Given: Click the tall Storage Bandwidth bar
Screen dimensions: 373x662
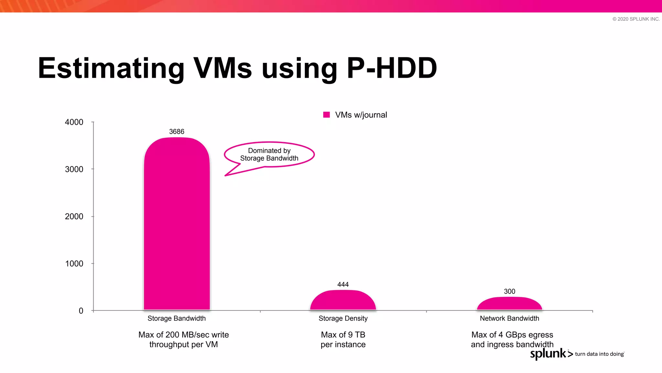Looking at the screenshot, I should pyautogui.click(x=177, y=223).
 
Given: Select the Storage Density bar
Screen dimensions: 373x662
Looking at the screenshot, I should pyautogui.click(x=343, y=301).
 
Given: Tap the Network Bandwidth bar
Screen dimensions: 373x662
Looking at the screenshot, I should pyautogui.click(x=509, y=304).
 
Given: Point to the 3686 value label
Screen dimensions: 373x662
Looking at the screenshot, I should pyautogui.click(x=176, y=131).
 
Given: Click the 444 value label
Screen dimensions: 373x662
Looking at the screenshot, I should pyautogui.click(x=343, y=284).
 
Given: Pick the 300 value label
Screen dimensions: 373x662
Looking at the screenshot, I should pyautogui.click(x=509, y=291).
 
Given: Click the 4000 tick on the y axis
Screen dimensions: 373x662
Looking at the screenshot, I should pyautogui.click(x=74, y=122).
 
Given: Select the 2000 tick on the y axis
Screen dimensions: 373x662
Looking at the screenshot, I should pyautogui.click(x=74, y=216).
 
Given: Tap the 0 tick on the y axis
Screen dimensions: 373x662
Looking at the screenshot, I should pyautogui.click(x=81, y=311).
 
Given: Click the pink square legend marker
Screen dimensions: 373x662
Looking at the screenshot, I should pyautogui.click(x=326, y=115).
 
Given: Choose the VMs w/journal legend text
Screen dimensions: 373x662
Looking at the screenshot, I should pyautogui.click(x=361, y=115).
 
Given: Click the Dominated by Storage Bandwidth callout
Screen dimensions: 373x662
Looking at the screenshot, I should pyautogui.click(x=269, y=154).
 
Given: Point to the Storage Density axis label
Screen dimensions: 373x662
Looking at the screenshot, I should pyautogui.click(x=343, y=318).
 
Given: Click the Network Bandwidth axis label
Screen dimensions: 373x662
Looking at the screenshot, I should pyautogui.click(x=509, y=318).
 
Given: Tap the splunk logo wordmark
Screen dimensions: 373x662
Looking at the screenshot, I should pyautogui.click(x=548, y=353).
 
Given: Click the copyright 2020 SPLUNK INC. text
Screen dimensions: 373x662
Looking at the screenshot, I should pyautogui.click(x=636, y=19).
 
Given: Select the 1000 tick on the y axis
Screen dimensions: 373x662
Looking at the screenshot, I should pyautogui.click(x=74, y=264).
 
